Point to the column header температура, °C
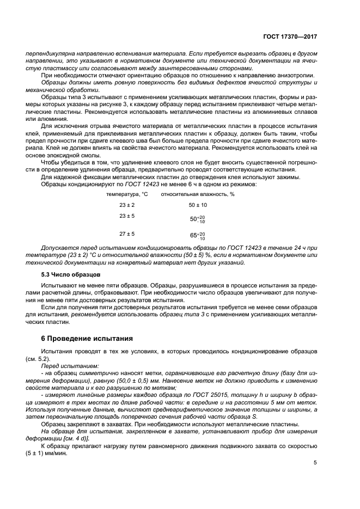[x=127, y=194]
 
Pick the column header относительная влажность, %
[x=197, y=194]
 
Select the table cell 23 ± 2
[x=127, y=205]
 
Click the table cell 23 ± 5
[x=127, y=216]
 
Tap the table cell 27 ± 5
[x=127, y=234]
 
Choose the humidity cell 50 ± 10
[x=198, y=205]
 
